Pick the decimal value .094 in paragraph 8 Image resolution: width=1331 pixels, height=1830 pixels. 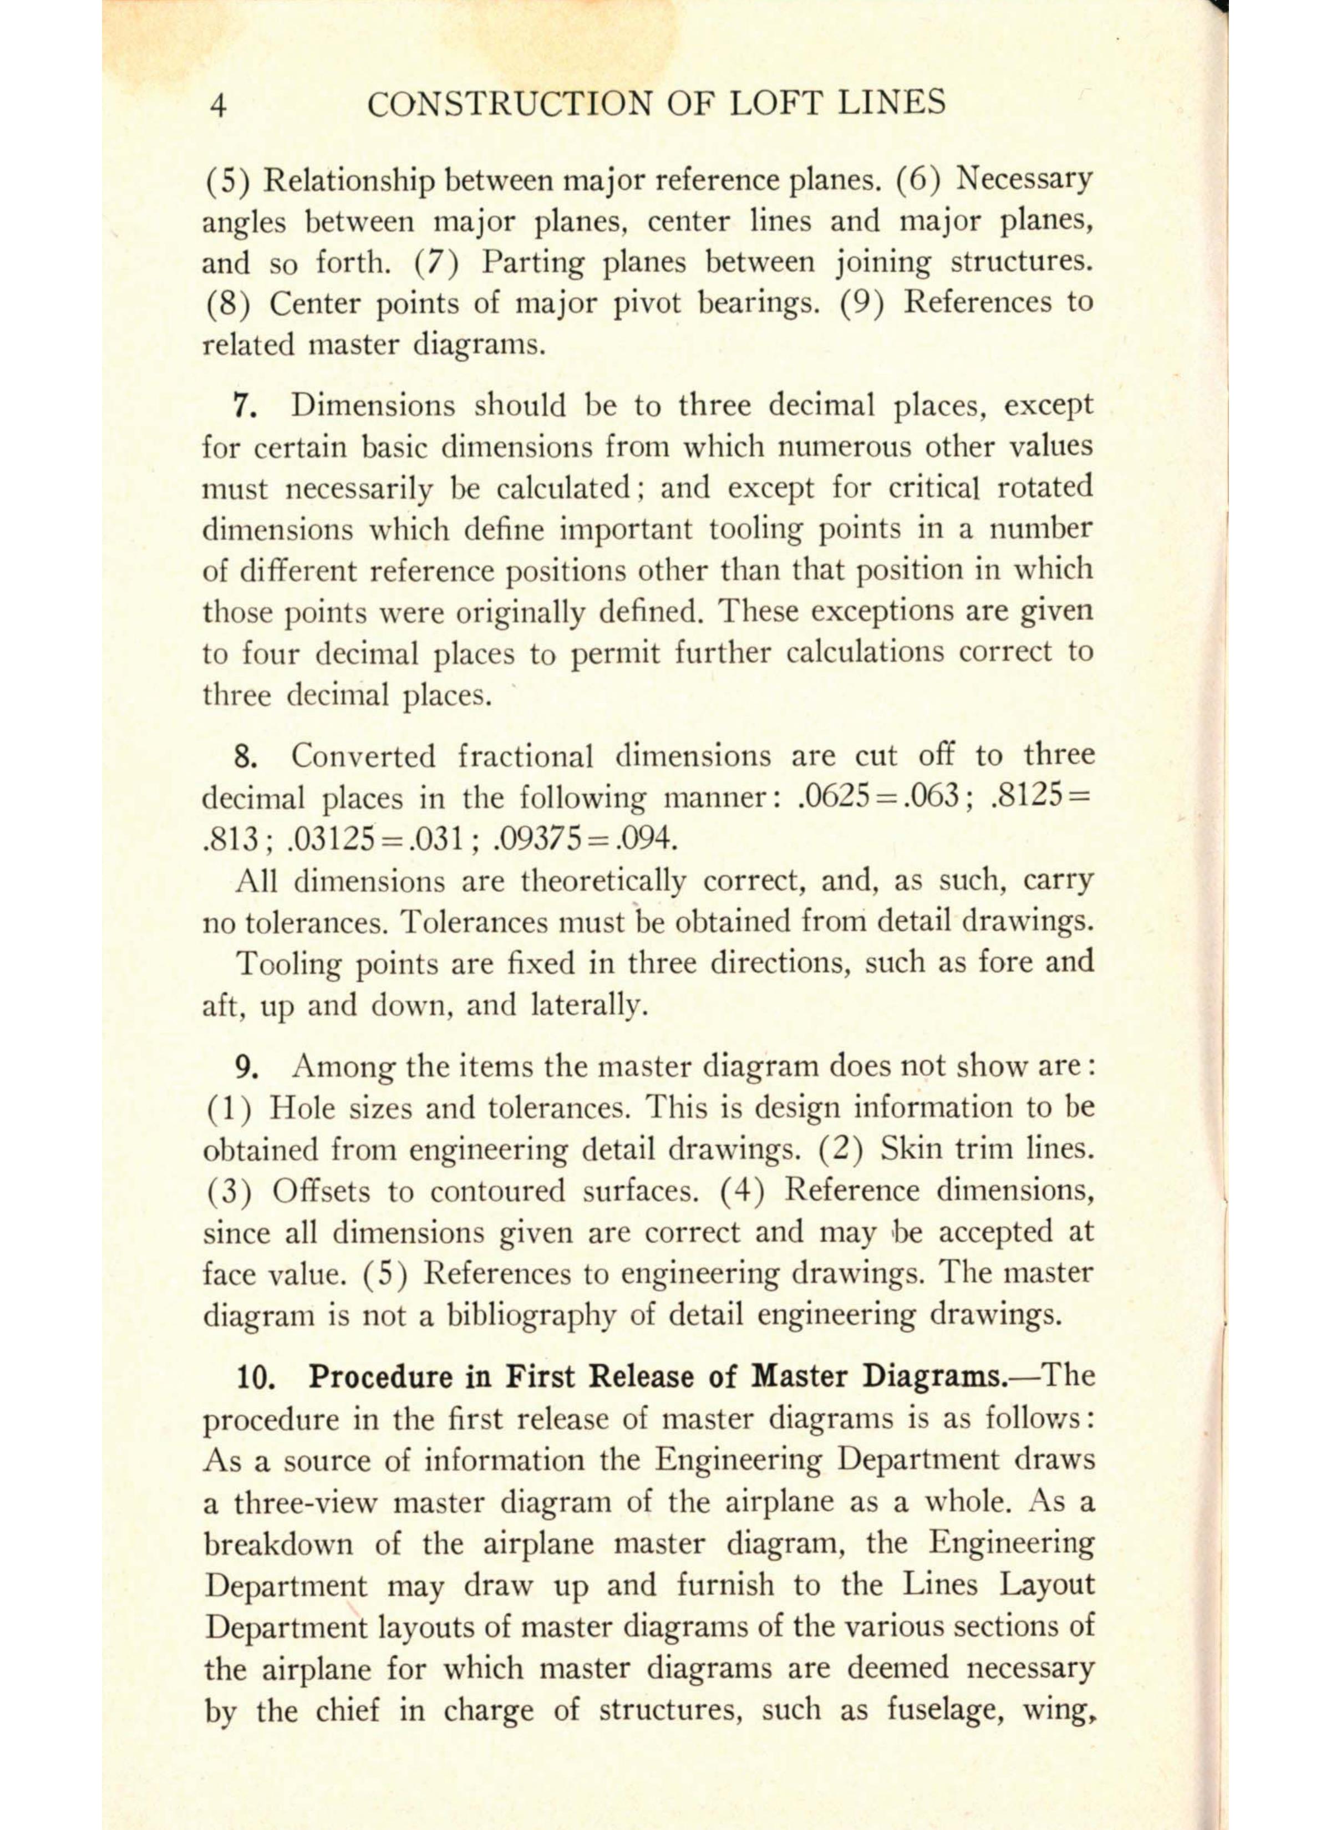point(643,840)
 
